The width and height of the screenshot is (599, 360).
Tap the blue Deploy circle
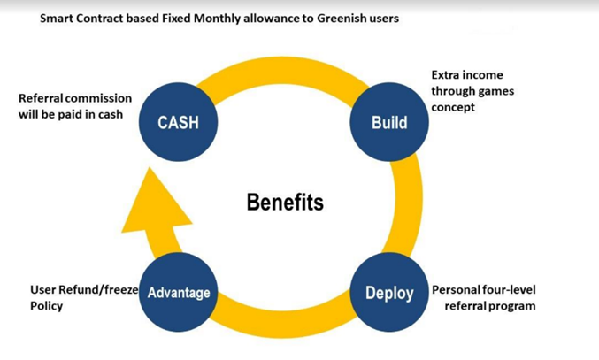pyautogui.click(x=389, y=293)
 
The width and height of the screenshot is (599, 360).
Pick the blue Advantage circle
pyautogui.click(x=179, y=292)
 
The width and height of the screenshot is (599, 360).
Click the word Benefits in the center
pyautogui.click(x=285, y=203)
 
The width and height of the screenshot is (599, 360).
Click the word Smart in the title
pyautogui.click(x=58, y=19)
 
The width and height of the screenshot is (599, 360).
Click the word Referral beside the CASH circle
pyautogui.click(x=42, y=98)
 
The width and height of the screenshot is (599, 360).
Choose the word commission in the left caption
pyautogui.click(x=101, y=98)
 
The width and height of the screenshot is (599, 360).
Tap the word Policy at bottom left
pyautogui.click(x=47, y=306)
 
